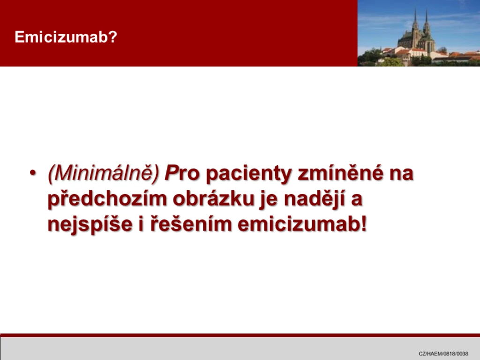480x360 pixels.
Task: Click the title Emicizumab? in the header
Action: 66,37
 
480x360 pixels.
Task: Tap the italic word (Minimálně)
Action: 104,173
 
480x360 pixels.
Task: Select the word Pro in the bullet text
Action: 182,173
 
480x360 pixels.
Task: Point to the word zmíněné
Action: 340,172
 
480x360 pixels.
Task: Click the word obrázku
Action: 214,199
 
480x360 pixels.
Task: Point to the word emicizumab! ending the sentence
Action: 302,225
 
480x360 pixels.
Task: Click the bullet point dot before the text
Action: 32,173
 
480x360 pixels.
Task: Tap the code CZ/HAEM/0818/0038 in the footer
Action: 443,353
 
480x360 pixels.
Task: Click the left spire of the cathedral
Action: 415,18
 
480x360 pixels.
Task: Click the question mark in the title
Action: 113,37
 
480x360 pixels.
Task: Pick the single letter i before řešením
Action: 141,225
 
